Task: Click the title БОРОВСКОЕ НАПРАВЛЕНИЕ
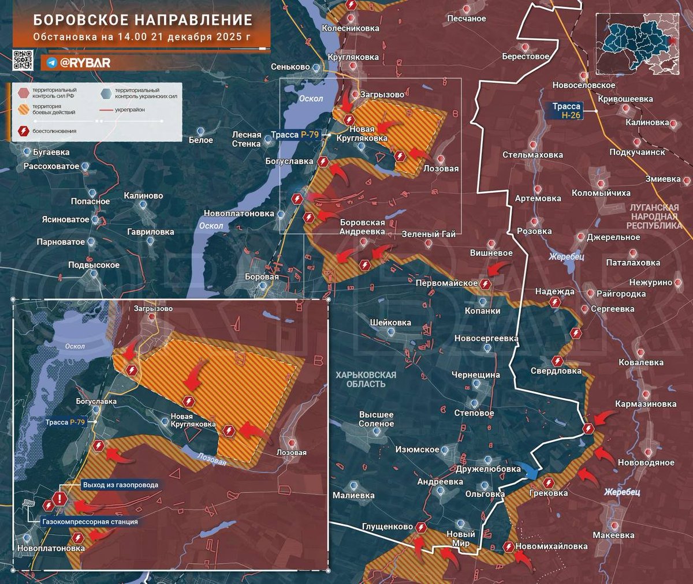coord(143,20)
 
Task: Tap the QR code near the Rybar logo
coord(23,61)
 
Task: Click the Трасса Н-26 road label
coord(566,111)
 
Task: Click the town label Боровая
coord(262,277)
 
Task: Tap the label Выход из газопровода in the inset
coord(120,485)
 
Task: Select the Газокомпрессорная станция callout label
coord(90,522)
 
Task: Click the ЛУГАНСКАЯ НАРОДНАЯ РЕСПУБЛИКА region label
coord(654,216)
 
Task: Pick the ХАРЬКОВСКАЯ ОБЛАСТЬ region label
coord(366,379)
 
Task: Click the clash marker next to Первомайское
coord(486,284)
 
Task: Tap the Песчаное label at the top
coord(467,18)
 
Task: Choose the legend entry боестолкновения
coord(54,131)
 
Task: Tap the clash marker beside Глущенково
coord(422,527)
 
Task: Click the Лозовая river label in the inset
coord(211,459)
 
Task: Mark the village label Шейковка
coord(391,323)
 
